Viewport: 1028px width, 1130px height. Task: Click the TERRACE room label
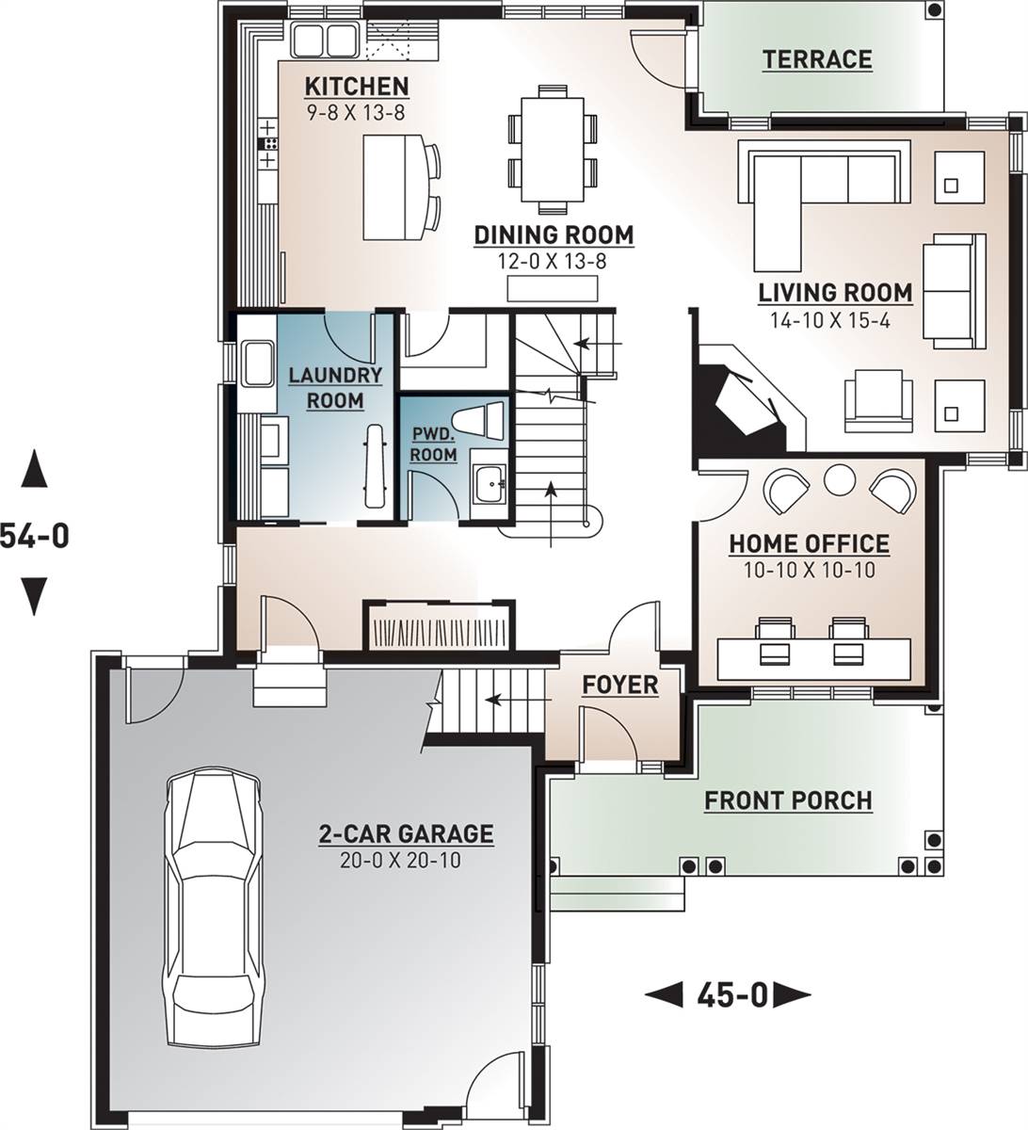(817, 59)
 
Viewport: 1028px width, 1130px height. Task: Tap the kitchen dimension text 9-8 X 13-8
(357, 113)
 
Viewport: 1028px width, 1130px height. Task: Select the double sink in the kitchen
(325, 40)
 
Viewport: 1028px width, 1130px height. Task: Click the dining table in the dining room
(553, 150)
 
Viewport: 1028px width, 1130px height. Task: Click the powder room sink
(489, 483)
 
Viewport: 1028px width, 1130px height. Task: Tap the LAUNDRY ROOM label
(335, 388)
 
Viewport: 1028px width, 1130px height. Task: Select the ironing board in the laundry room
(375, 467)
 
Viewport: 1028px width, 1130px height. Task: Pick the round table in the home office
(840, 479)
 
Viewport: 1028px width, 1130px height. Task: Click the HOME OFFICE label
(810, 544)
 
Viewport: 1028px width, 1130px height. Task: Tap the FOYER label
(620, 685)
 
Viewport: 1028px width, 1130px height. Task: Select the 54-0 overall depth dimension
(34, 535)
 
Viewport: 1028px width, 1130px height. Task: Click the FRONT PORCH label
(788, 800)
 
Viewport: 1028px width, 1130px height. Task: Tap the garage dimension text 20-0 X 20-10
(400, 860)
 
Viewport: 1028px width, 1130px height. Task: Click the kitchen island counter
(394, 187)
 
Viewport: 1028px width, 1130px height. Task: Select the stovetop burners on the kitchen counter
(268, 144)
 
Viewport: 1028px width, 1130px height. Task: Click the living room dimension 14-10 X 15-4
(830, 320)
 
